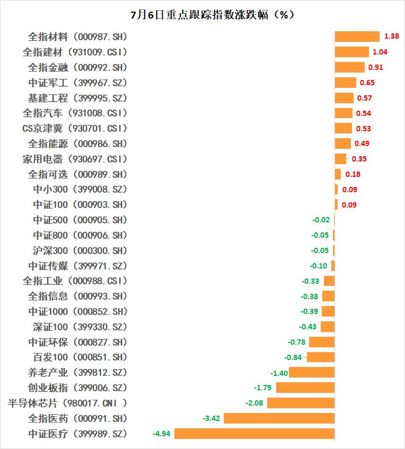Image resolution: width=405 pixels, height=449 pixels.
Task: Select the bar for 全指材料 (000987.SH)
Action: (357, 37)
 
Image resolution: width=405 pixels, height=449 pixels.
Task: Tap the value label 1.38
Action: (391, 37)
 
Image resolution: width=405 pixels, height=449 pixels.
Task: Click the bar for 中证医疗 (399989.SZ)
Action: (254, 434)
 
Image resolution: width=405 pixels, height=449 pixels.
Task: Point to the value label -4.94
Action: (161, 434)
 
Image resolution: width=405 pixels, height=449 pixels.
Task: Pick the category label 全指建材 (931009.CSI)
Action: (75, 52)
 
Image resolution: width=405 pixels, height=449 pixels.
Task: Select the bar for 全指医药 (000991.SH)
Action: (279, 418)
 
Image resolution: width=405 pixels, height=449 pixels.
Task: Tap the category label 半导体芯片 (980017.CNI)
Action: (68, 403)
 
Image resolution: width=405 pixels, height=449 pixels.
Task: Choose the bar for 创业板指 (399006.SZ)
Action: (305, 388)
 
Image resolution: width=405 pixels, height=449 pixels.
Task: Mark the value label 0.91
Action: (375, 67)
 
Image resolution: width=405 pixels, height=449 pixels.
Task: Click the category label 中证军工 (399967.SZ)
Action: (77, 83)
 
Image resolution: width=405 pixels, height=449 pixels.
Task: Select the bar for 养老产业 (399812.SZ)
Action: (312, 373)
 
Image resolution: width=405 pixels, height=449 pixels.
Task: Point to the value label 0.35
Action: (359, 159)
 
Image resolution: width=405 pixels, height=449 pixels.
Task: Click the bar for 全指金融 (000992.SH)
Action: (349, 67)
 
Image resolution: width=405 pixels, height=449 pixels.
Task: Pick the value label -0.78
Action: (296, 342)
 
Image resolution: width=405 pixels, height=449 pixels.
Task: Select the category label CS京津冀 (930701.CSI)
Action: (75, 129)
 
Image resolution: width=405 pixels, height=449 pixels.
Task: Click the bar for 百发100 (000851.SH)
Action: (321, 357)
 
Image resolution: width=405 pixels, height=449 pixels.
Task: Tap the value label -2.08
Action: (254, 403)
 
